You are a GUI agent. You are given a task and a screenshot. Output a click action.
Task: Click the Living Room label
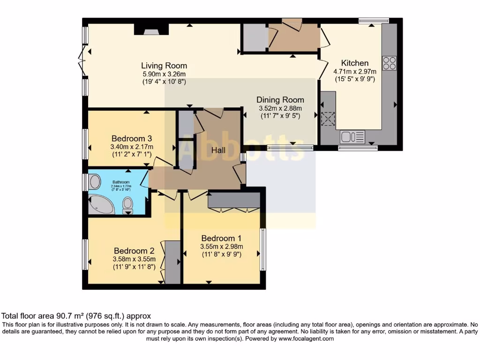(164, 66)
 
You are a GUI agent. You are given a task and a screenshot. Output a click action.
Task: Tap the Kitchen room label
(354, 63)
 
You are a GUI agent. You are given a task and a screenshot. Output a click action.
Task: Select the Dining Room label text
(280, 100)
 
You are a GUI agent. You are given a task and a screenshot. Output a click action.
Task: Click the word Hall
(218, 150)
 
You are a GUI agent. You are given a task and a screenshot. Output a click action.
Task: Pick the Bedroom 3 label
(132, 139)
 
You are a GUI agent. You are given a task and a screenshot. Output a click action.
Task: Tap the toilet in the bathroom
(127, 205)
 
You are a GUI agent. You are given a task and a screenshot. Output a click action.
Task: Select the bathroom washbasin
(94, 182)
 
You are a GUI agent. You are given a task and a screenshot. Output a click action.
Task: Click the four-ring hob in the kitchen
(389, 63)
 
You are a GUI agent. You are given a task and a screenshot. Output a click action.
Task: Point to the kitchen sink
(352, 137)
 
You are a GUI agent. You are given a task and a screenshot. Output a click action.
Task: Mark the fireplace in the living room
(151, 30)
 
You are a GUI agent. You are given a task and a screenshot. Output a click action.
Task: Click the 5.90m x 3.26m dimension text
(164, 74)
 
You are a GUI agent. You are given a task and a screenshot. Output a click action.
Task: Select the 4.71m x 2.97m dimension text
(354, 72)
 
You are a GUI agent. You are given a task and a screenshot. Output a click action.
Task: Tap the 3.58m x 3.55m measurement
(134, 259)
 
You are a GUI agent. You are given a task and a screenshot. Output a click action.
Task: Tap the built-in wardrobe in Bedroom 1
(234, 200)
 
